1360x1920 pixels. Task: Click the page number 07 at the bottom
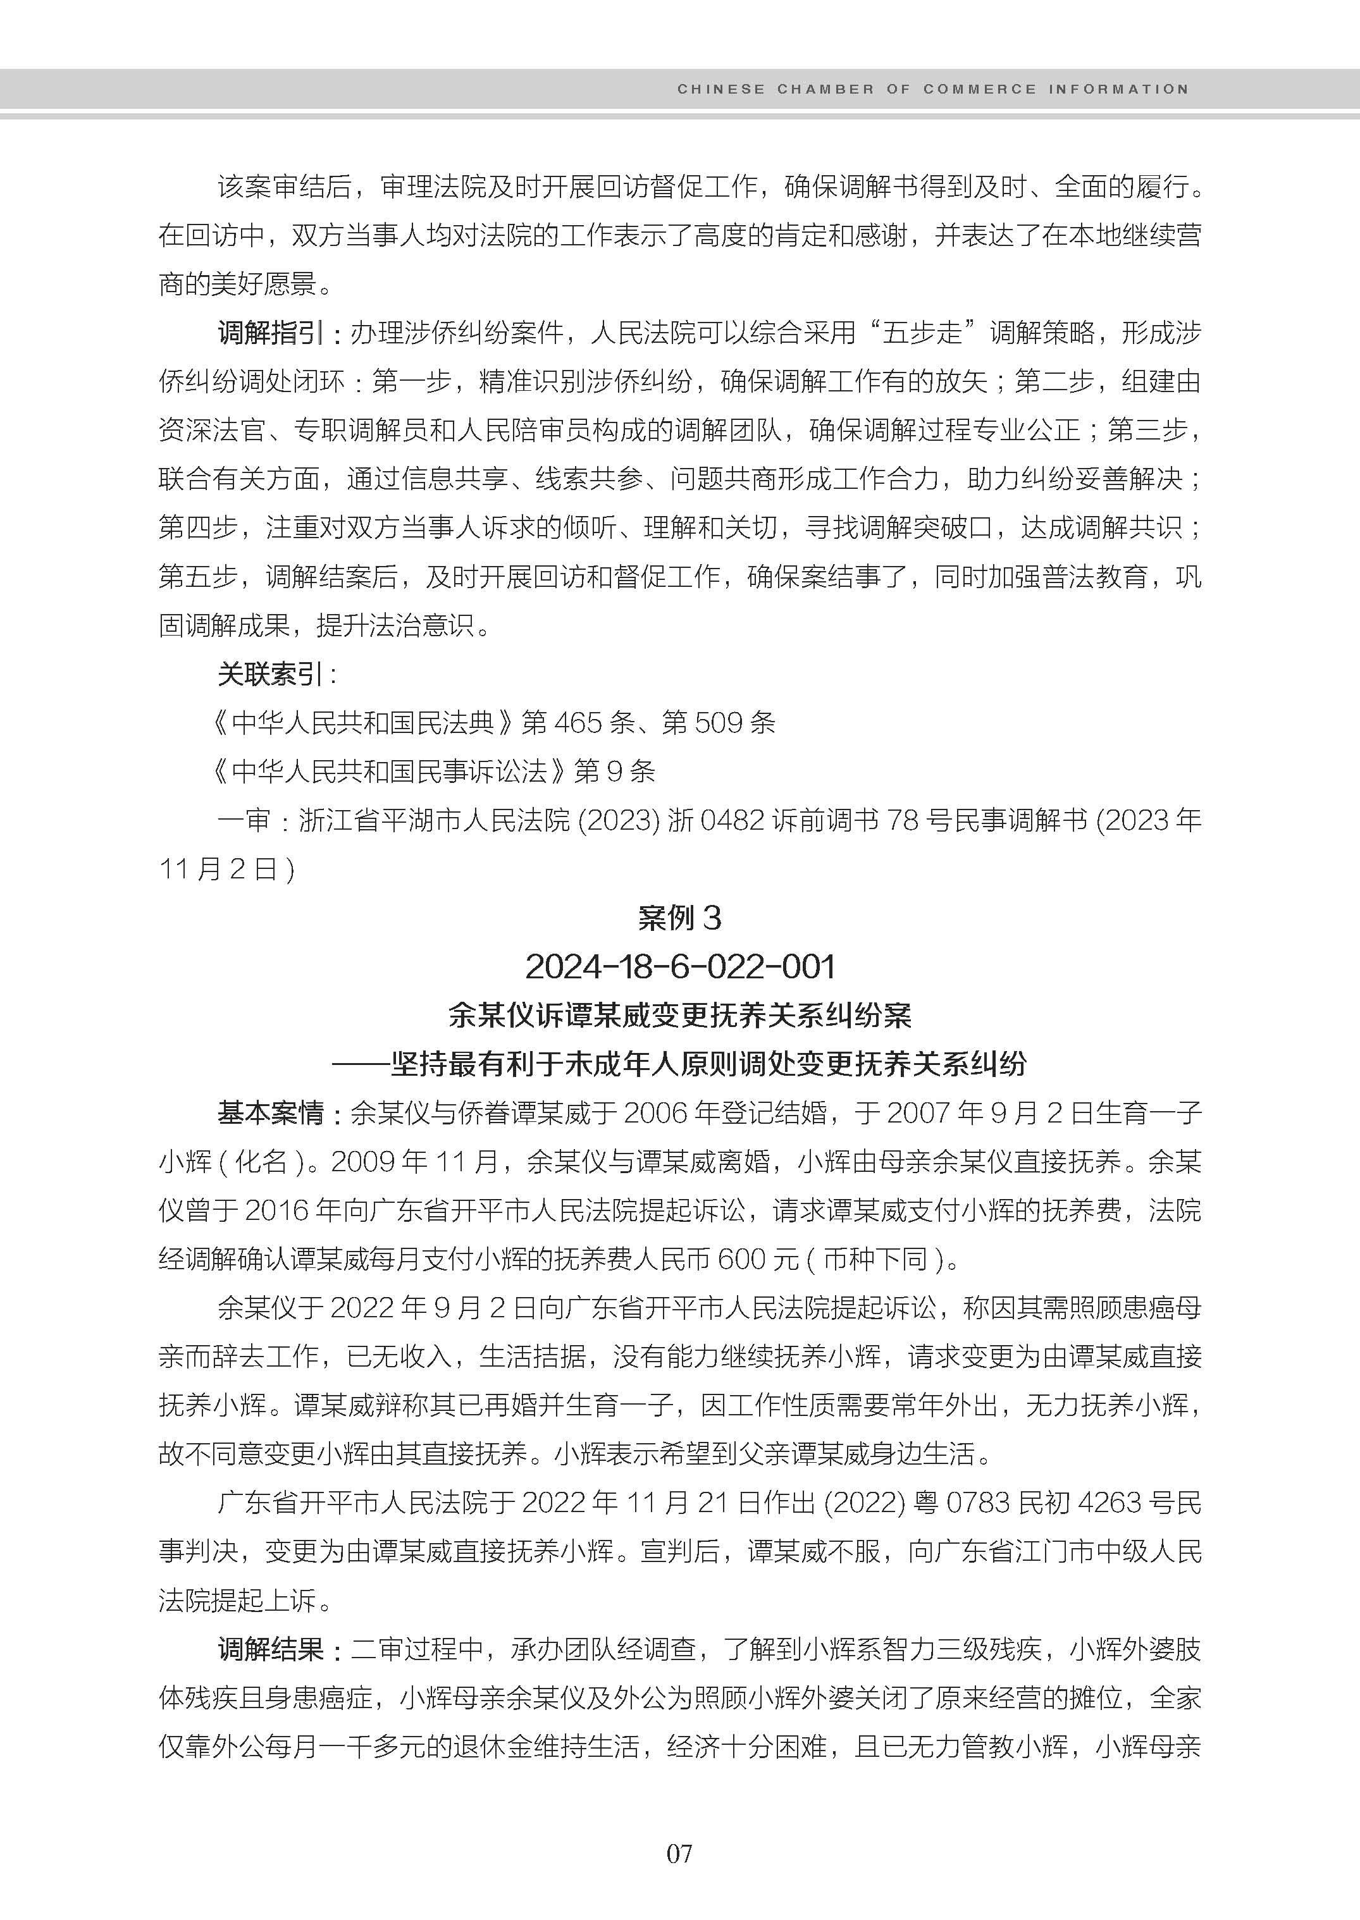pyautogui.click(x=679, y=1853)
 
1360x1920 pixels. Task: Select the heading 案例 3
pyautogui.click(x=679, y=918)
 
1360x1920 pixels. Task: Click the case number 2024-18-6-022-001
pyautogui.click(x=680, y=967)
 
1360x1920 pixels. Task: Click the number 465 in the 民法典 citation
pyautogui.click(x=577, y=723)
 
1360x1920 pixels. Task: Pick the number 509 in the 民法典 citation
pyautogui.click(x=719, y=723)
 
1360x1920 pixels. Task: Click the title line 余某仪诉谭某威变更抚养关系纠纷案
pyautogui.click(x=679, y=1016)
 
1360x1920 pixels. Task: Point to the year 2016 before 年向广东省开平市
pyautogui.click(x=276, y=1211)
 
